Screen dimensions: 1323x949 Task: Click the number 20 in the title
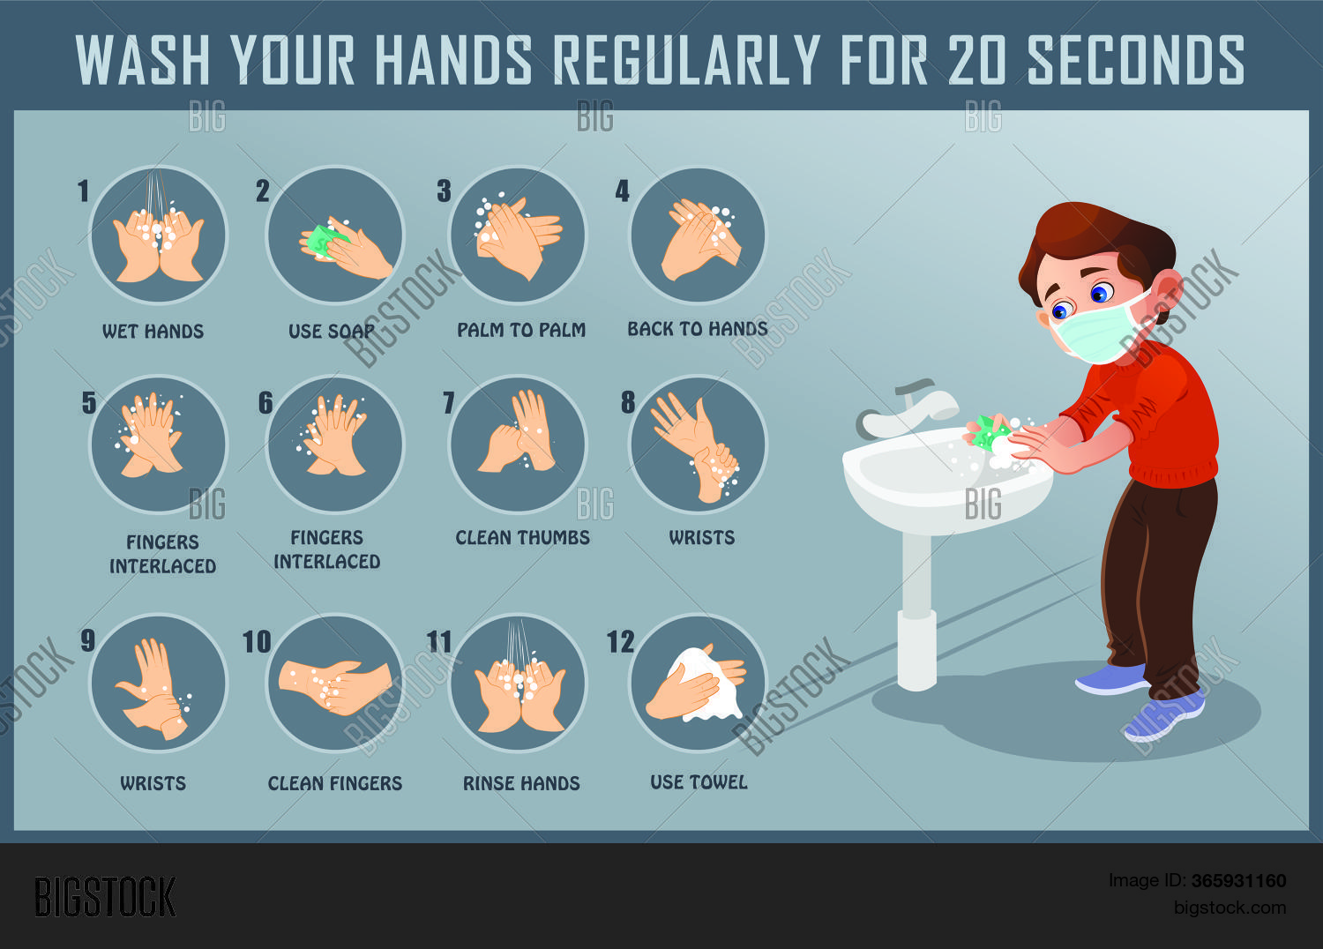coord(976,60)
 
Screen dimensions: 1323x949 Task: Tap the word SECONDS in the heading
coord(1136,60)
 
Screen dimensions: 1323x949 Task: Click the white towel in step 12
coord(705,685)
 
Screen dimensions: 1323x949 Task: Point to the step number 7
coord(449,403)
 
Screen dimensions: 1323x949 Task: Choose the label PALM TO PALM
coord(521,330)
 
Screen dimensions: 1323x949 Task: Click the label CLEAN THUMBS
coord(522,537)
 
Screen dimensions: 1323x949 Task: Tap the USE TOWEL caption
coord(699,782)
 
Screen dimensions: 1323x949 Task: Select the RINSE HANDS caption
coord(521,783)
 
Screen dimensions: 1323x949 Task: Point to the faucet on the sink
coord(906,408)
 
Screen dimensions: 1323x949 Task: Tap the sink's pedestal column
coord(916,611)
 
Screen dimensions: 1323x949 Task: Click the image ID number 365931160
coord(1238,880)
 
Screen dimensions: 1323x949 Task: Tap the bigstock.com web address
coord(1230,907)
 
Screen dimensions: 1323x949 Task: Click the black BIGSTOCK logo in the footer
coord(105,897)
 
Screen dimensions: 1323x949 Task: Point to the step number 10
coord(257,642)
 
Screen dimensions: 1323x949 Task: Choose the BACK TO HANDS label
coord(698,328)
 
